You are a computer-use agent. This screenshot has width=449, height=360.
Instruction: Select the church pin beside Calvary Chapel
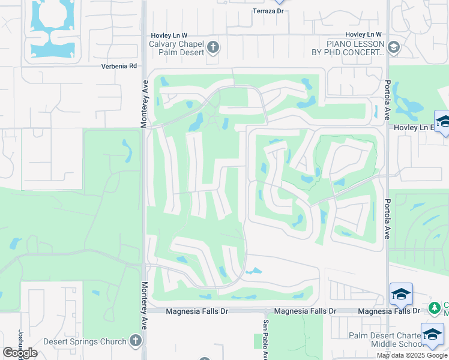[x=212, y=47]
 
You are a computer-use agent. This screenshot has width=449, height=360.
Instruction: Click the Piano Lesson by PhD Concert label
[x=355, y=48]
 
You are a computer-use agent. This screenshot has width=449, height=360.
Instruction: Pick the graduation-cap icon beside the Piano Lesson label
[x=394, y=47]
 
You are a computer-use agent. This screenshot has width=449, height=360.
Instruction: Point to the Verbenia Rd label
[x=119, y=66]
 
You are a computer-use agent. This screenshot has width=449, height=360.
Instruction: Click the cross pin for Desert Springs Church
[x=135, y=341]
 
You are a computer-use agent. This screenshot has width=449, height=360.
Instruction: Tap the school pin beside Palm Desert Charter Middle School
[x=432, y=335]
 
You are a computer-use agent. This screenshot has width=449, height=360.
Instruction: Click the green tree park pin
[x=434, y=308]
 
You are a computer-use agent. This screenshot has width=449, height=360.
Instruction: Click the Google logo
[x=20, y=353]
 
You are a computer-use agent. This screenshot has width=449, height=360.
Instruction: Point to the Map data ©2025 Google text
[x=412, y=355]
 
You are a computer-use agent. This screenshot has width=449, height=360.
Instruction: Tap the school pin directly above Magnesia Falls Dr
[x=401, y=294]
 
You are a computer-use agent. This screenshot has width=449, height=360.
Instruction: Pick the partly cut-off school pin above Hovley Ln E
[x=443, y=121]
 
